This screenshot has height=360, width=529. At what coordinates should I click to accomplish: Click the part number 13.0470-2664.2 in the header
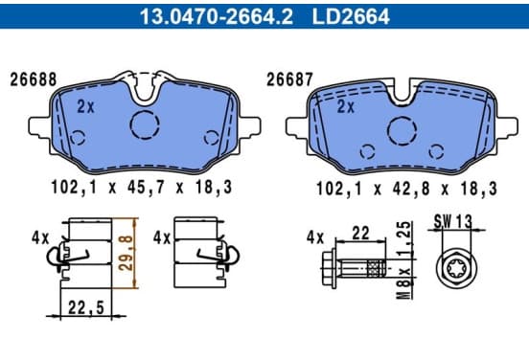tap(217, 16)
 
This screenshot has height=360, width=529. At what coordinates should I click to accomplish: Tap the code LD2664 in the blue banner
tap(351, 16)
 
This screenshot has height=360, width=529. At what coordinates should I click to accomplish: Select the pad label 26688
tap(34, 79)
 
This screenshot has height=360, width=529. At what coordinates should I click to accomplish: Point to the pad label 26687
tap(289, 79)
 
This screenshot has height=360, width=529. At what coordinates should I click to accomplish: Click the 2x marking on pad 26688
tap(85, 107)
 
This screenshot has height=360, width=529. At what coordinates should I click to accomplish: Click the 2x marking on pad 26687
tap(346, 107)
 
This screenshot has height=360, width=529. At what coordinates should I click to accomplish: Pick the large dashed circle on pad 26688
tap(145, 124)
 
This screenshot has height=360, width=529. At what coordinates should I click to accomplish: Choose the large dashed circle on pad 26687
tap(402, 131)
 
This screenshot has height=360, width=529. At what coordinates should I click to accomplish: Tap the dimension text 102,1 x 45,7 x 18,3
tap(142, 187)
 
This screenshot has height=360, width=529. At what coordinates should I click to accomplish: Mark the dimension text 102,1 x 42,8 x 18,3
tap(406, 189)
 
